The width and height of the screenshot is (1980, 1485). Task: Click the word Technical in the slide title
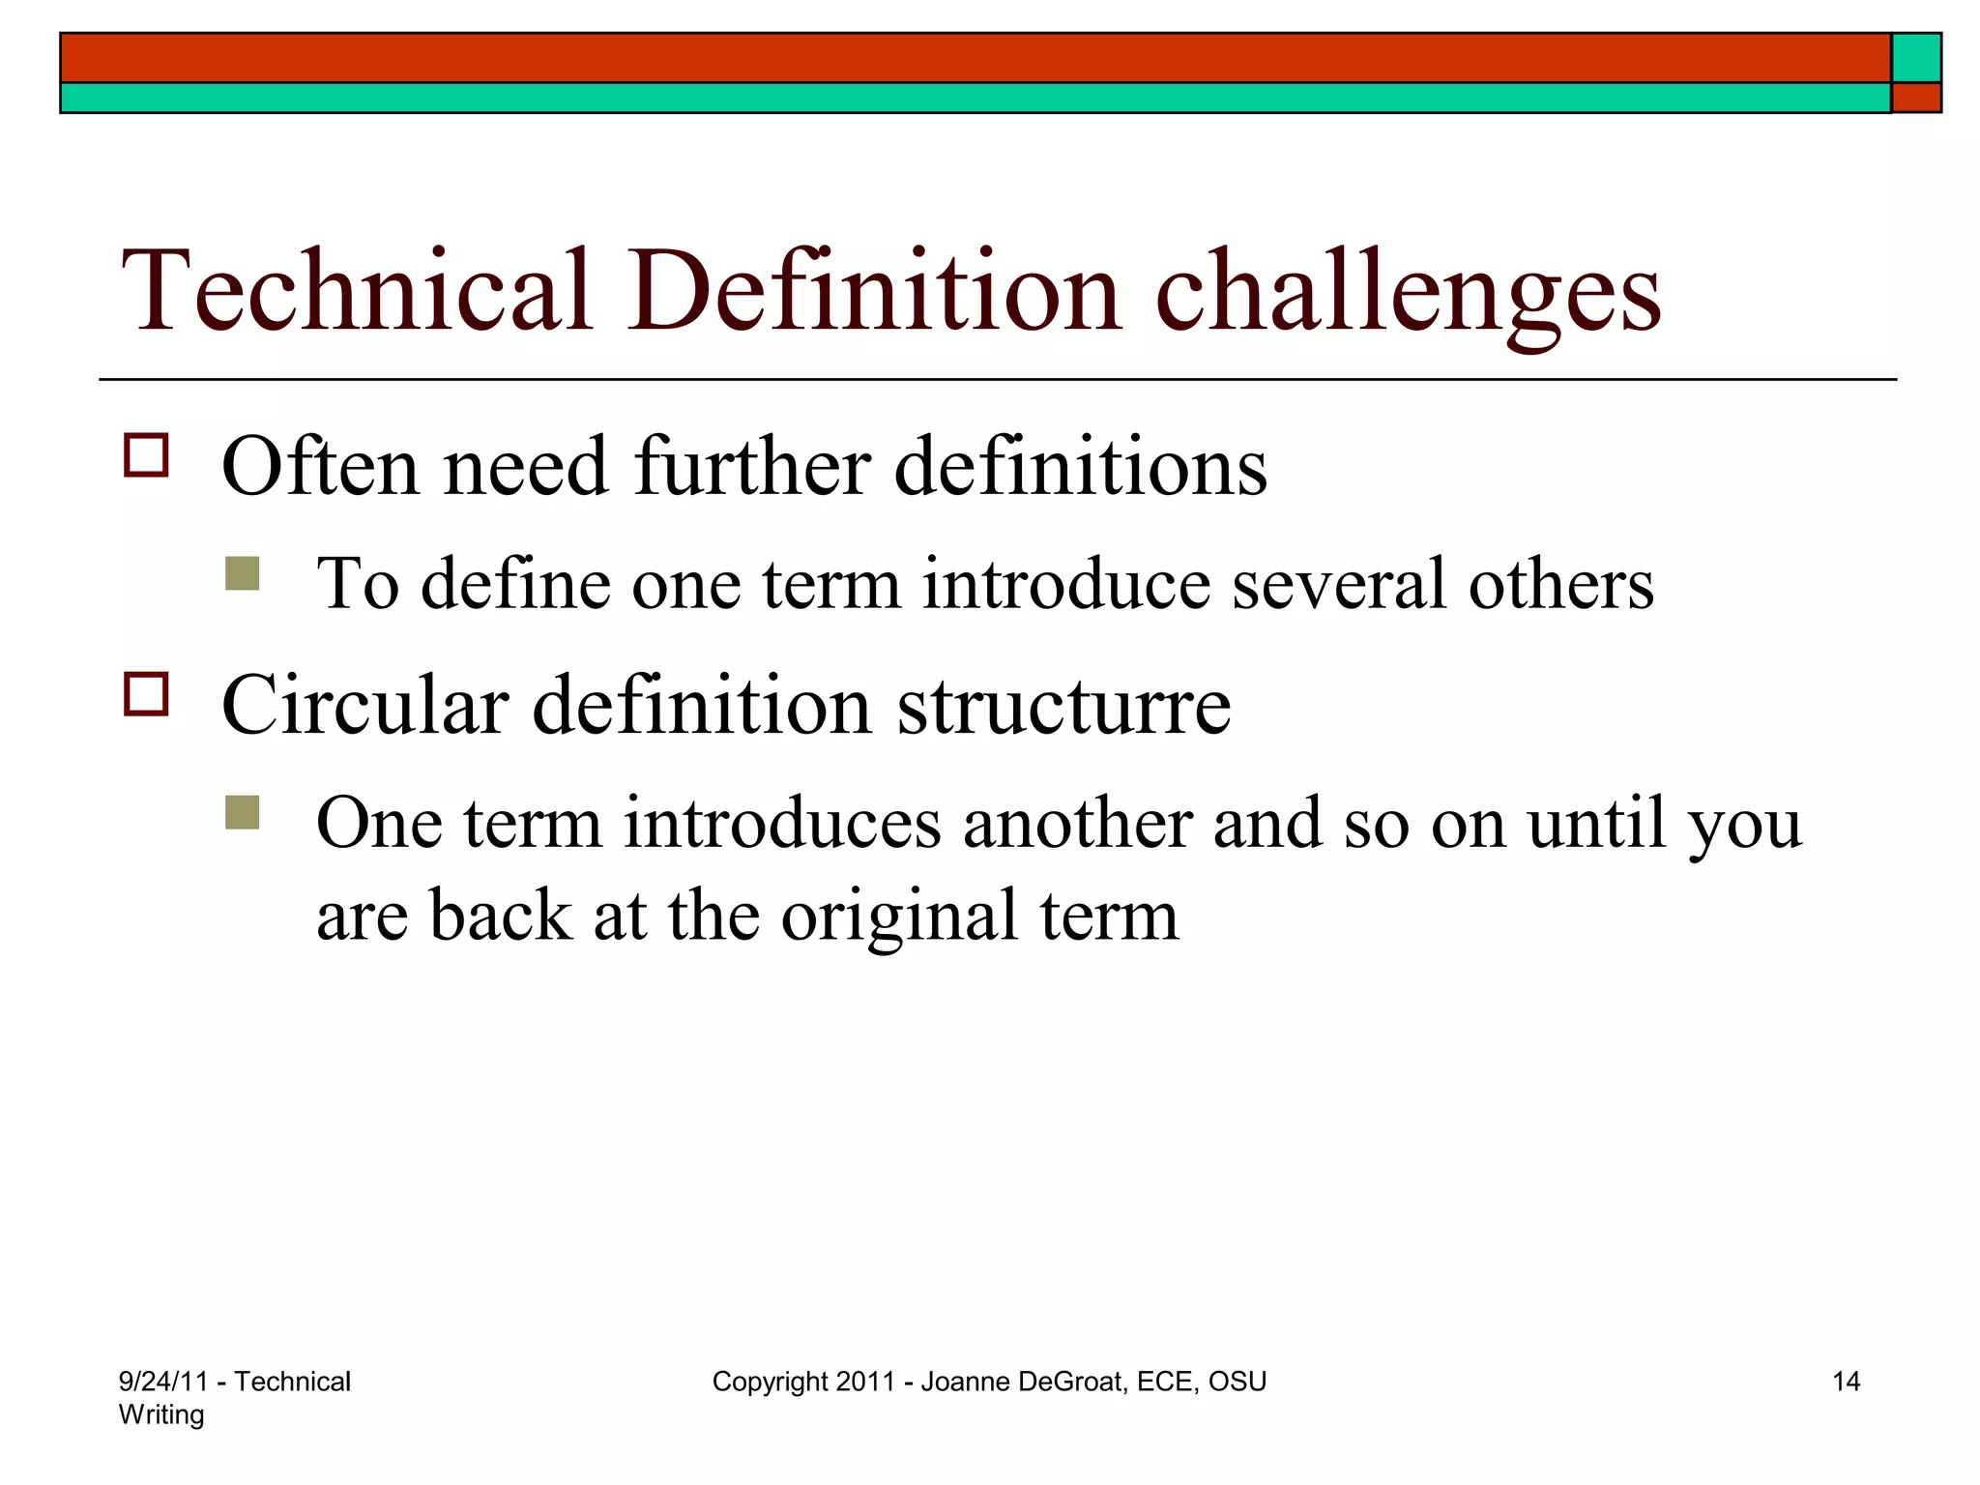pos(356,290)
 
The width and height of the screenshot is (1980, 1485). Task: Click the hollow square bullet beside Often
pos(146,455)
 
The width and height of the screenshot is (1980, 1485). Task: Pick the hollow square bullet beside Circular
pos(146,694)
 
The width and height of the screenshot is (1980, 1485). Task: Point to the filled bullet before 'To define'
pos(242,573)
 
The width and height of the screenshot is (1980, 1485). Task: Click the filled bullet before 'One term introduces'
pos(242,812)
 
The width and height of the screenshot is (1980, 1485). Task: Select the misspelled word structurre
pos(1063,706)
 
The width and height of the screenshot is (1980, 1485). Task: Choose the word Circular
pos(364,706)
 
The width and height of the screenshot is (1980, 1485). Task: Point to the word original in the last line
pos(899,917)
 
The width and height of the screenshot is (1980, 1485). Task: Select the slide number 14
pos(1846,1382)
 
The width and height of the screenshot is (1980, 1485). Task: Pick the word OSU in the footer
pos(1237,1382)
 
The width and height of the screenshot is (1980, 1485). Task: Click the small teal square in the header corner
pos(1916,58)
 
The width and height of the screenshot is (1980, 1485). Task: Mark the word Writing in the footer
pos(161,1414)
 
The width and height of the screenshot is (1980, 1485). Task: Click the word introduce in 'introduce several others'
pos(1065,585)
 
